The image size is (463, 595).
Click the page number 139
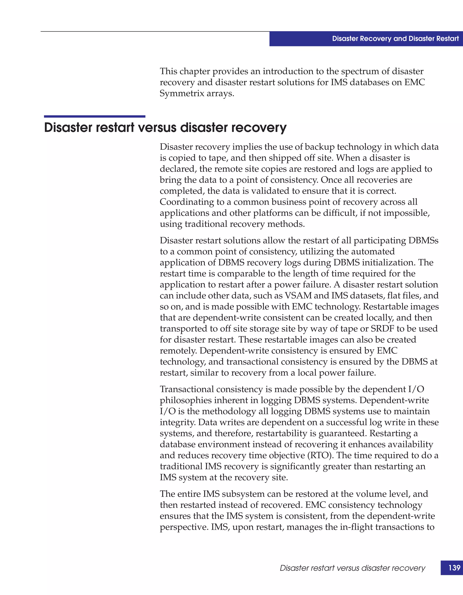tap(454, 568)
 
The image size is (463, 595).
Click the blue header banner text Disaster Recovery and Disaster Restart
tap(395, 39)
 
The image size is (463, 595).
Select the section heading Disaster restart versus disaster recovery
tap(165, 127)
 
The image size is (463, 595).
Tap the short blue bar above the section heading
tap(94, 116)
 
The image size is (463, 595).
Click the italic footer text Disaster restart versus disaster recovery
tap(352, 568)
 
